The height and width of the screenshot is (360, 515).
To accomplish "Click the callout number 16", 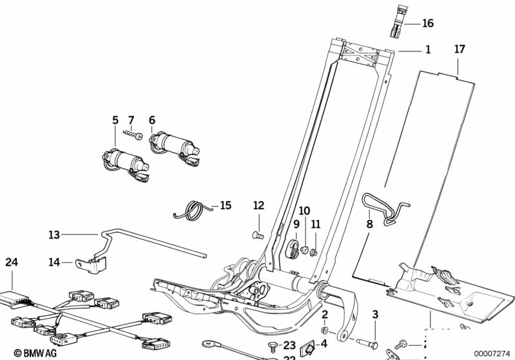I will [428, 24].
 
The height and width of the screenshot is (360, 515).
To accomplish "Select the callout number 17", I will [459, 49].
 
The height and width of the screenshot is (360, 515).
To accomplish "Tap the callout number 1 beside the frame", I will [427, 50].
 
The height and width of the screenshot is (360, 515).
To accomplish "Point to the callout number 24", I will [12, 262].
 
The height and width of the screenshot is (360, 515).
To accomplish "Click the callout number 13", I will [54, 235].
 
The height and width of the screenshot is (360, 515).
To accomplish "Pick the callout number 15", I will [225, 205].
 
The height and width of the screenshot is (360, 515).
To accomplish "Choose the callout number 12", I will [258, 205].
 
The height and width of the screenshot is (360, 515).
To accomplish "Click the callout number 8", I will [369, 225].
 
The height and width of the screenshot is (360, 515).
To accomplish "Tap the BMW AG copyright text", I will [31, 353].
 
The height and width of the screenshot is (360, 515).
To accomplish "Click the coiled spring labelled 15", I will [191, 209].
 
